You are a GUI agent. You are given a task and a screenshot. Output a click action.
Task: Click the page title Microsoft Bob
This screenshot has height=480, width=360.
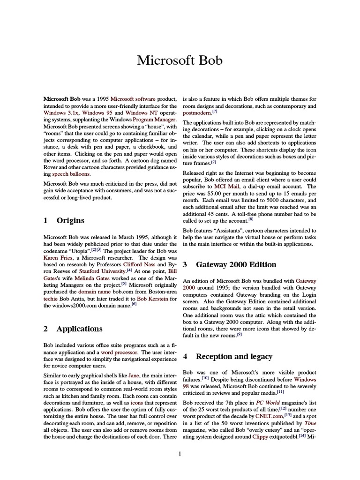pyautogui.click(x=180, y=60)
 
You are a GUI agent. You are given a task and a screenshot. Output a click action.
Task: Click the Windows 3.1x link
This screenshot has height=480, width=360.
pyautogui.click(x=61, y=113)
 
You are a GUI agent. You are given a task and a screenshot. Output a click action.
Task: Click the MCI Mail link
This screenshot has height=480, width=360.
pyautogui.click(x=226, y=186)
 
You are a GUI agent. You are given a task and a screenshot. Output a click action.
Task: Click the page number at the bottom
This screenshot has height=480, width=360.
pyautogui.click(x=180, y=453)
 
